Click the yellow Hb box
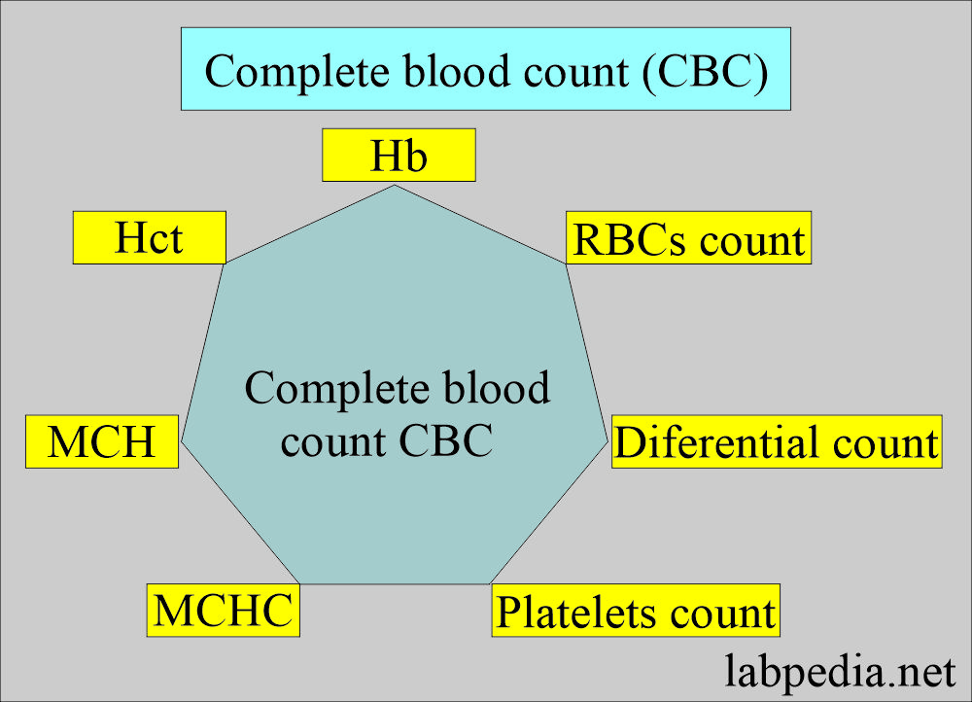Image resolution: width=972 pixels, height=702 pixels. (x=399, y=156)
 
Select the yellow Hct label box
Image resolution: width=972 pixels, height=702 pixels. (x=149, y=238)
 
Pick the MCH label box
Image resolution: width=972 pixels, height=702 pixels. (x=102, y=442)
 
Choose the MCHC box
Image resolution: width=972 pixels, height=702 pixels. (x=223, y=611)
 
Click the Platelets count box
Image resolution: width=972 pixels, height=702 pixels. (x=637, y=612)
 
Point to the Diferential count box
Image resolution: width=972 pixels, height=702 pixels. (x=776, y=442)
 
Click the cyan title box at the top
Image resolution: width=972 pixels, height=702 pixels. (x=485, y=69)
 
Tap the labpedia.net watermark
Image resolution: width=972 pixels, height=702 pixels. (x=840, y=670)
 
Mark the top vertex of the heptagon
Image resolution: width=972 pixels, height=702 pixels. (x=394, y=185)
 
